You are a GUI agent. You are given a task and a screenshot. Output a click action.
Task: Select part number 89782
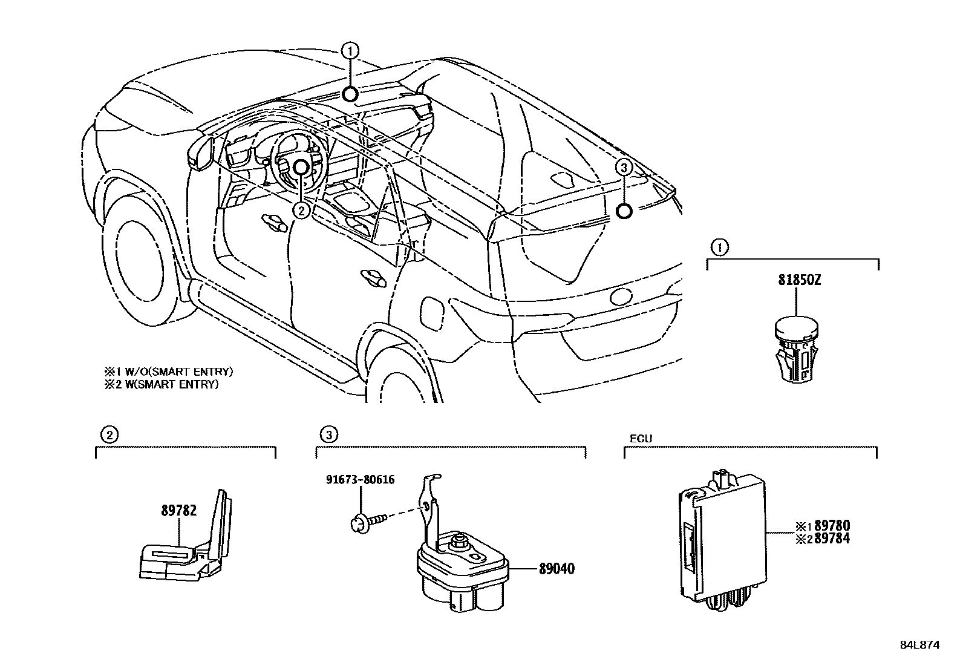pos(178,511)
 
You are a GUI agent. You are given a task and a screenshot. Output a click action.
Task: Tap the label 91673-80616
pos(360,480)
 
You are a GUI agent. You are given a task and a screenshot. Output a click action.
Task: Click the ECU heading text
pos(641,439)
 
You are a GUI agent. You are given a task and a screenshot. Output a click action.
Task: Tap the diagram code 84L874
pos(919,645)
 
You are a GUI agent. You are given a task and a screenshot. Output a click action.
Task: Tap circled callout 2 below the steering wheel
pos(301,209)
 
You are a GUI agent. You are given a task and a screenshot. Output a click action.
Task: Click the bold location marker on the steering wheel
pos(301,167)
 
